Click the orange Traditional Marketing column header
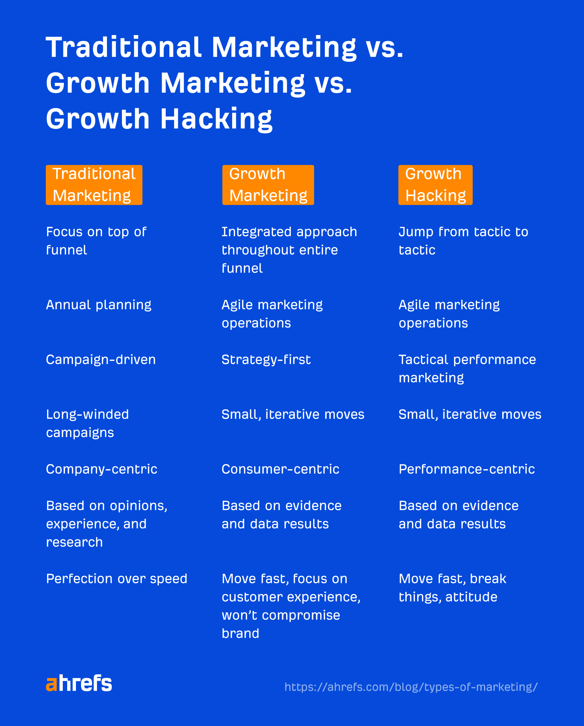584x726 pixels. click(94, 185)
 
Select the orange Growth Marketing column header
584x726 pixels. click(268, 185)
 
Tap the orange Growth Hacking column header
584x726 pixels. click(435, 185)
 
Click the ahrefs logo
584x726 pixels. click(79, 683)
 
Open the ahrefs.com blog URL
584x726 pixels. click(411, 687)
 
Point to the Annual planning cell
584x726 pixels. click(99, 305)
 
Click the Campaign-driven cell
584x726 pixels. click(101, 360)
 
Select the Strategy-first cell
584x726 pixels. click(266, 360)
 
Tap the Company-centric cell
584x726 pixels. click(101, 469)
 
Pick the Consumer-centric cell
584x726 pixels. click(280, 469)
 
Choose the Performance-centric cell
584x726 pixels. click(466, 469)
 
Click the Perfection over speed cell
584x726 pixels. click(116, 579)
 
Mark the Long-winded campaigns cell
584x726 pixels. click(88, 424)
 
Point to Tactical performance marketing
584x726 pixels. click(467, 369)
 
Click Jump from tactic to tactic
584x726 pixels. click(463, 241)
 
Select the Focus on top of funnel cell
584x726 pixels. click(96, 241)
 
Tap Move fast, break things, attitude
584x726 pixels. click(452, 588)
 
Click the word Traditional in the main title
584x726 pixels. click(123, 47)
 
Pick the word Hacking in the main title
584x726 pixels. click(216, 119)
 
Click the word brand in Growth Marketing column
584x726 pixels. click(240, 634)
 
